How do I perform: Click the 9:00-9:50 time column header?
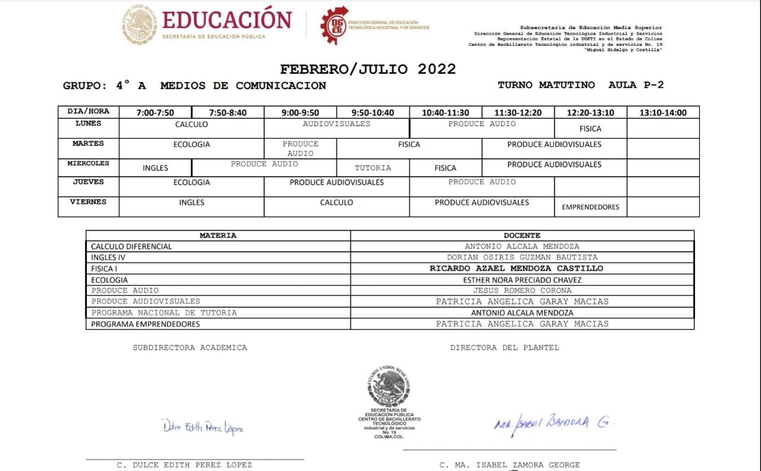[300, 113]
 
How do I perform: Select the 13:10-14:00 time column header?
[662, 113]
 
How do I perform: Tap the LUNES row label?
[88, 124]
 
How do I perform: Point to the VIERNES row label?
[88, 202]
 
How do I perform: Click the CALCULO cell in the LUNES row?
[191, 124]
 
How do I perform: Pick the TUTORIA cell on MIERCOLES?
[373, 168]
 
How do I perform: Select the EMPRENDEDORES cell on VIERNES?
[590, 207]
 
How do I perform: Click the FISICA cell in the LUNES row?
[590, 128]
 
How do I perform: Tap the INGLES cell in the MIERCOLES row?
[155, 168]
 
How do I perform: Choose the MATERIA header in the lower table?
[218, 235]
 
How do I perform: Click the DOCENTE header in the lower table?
[522, 235]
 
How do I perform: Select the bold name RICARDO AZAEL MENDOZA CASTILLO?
[516, 269]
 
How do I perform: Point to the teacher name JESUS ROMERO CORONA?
[522, 291]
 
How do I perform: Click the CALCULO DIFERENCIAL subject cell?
[131, 246]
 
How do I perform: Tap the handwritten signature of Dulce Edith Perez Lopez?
[202, 427]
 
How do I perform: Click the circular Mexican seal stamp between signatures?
[389, 387]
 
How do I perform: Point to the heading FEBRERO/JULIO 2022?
[368, 69]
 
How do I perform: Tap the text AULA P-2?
[636, 85]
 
